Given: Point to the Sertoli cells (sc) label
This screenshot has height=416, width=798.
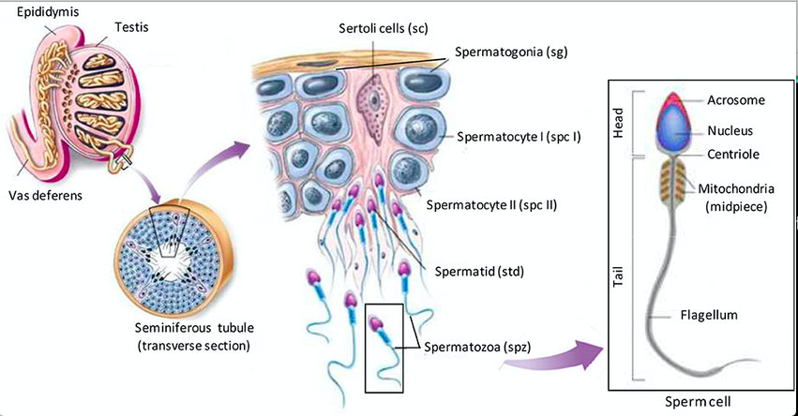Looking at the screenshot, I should click(383, 28).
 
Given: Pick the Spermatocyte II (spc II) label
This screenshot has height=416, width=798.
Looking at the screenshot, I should click(491, 203).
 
